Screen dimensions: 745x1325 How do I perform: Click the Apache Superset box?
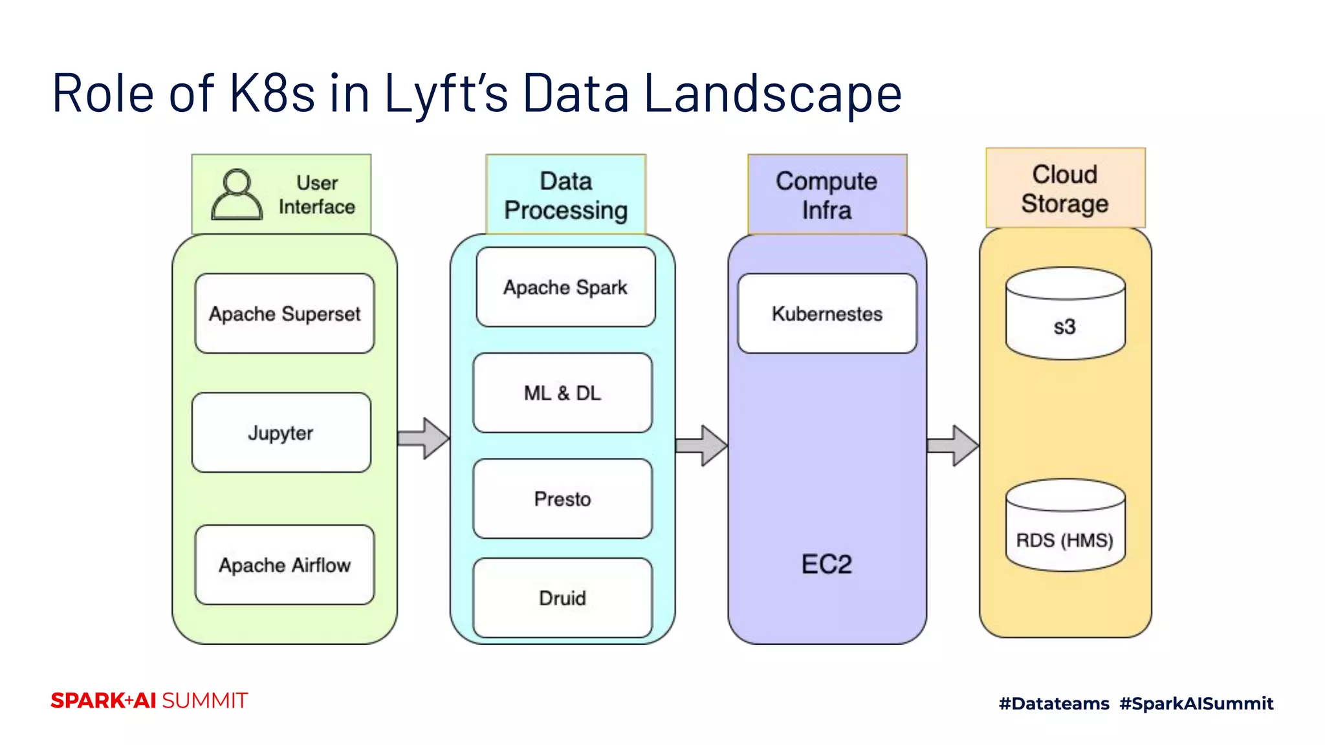click(x=285, y=314)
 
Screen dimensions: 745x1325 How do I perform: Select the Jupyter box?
click(x=281, y=433)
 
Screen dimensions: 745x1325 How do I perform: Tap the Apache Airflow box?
click(x=285, y=565)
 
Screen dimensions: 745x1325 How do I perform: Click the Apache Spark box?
click(x=565, y=287)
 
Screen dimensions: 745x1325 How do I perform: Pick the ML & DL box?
click(x=562, y=393)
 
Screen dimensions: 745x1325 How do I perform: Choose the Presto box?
click(x=562, y=499)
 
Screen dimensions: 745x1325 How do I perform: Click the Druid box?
click(x=562, y=598)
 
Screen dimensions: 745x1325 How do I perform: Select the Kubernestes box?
click(x=827, y=314)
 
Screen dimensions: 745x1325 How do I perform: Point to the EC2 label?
click(x=826, y=564)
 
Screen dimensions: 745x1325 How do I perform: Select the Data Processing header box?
click(x=565, y=195)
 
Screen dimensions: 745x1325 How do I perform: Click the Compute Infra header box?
click(x=827, y=195)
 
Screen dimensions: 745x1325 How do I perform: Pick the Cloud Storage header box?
click(x=1065, y=188)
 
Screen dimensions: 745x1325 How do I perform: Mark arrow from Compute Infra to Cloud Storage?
click(x=952, y=446)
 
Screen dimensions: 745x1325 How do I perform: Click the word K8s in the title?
click(x=272, y=94)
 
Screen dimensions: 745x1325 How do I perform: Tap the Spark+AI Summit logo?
click(x=149, y=700)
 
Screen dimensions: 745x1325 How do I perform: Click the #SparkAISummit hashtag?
click(x=1196, y=703)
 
